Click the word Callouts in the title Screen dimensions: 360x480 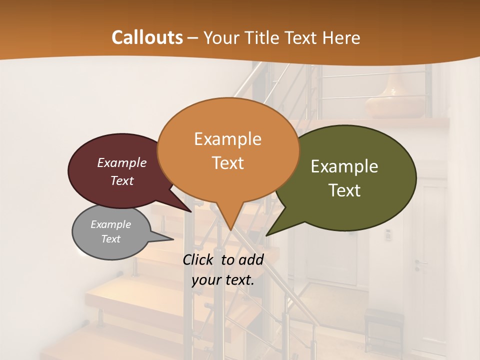click(x=147, y=37)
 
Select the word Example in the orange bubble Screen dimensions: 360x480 click(x=227, y=139)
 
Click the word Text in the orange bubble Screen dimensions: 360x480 click(x=227, y=163)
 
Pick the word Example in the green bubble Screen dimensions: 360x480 click(x=344, y=166)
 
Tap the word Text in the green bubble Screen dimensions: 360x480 click(x=344, y=190)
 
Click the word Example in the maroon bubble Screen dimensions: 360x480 click(x=122, y=162)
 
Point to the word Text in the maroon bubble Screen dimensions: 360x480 click(x=122, y=180)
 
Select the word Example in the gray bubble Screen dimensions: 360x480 click(x=110, y=224)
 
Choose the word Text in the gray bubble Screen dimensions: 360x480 click(x=110, y=239)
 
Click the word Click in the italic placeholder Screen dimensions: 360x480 click(x=199, y=259)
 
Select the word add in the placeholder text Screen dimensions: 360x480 click(x=250, y=259)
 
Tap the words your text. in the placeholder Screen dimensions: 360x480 click(x=223, y=280)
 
